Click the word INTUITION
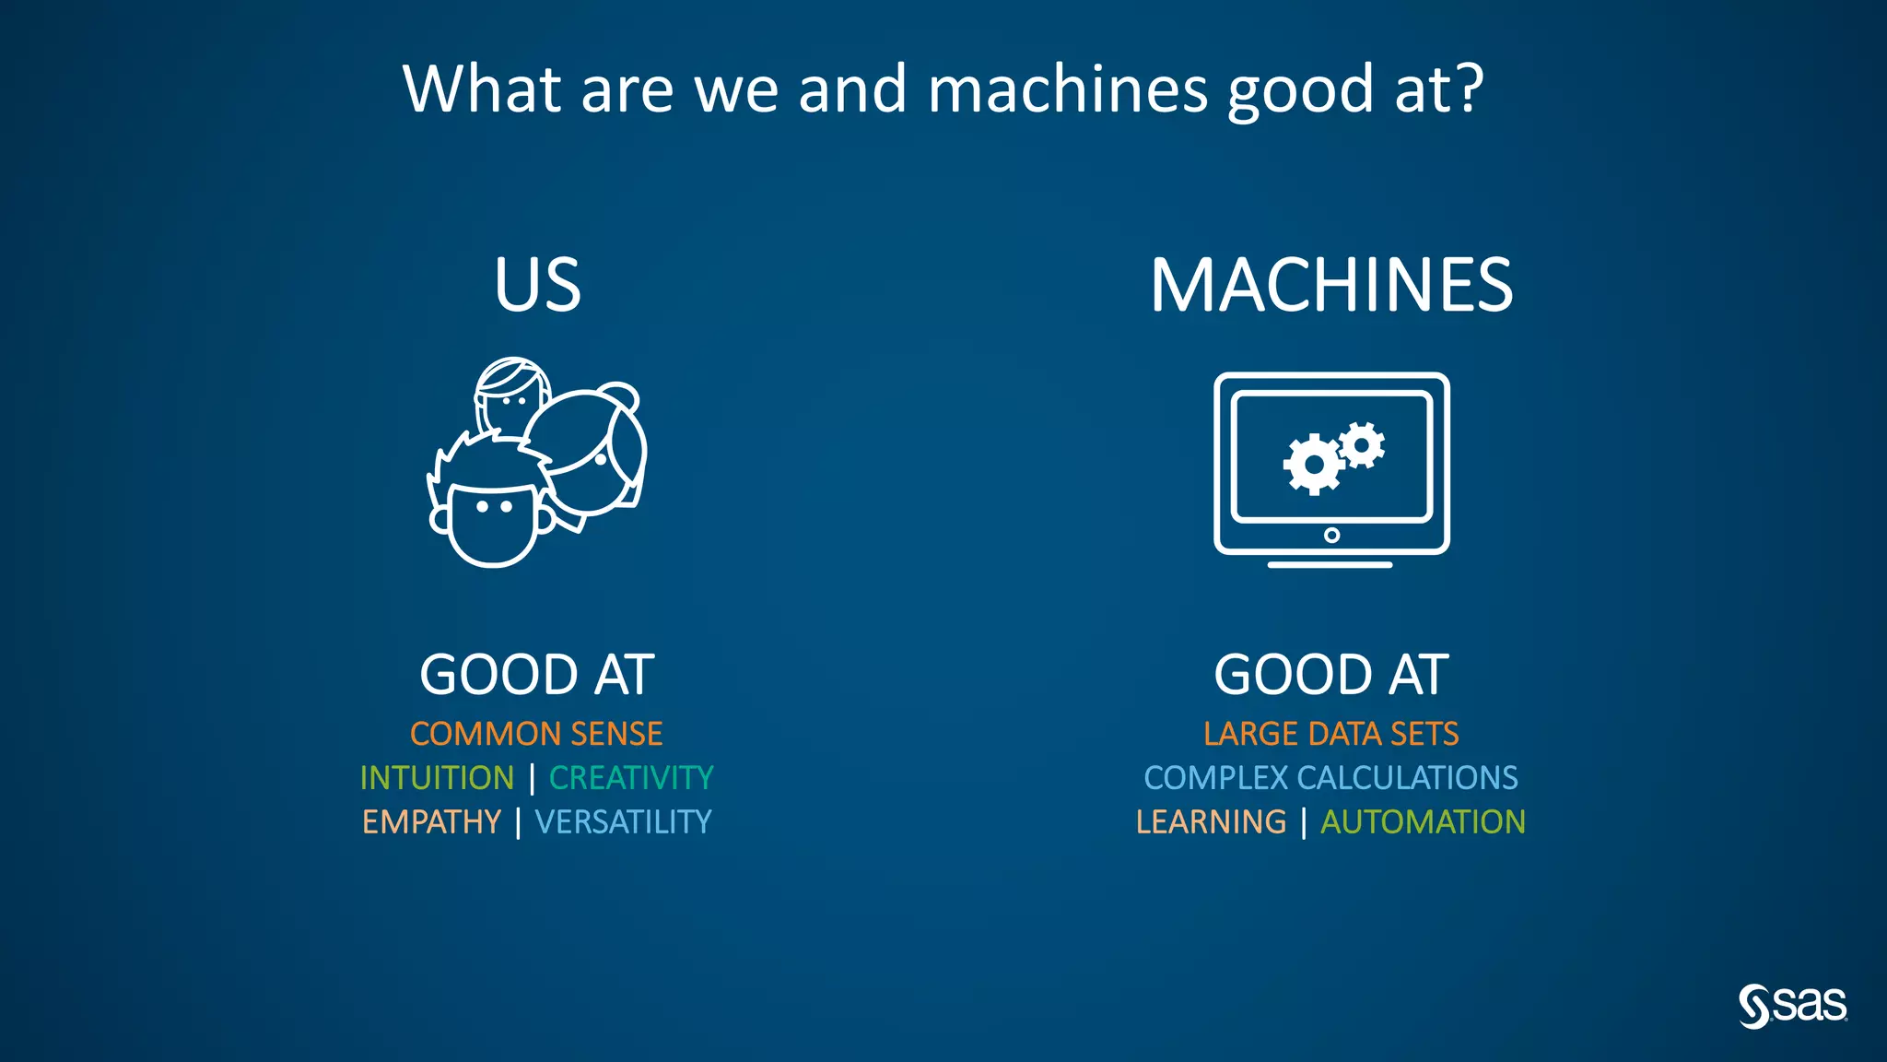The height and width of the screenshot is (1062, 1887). (437, 778)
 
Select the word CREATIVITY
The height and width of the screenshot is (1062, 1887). (631, 778)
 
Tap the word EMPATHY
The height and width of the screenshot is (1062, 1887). (431, 822)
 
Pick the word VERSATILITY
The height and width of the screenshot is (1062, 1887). (624, 822)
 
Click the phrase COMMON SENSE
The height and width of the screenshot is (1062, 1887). (536, 734)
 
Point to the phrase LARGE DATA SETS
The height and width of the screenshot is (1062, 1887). (1331, 734)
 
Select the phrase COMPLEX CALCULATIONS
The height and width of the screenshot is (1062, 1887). (1331, 778)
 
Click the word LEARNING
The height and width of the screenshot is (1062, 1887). (1211, 822)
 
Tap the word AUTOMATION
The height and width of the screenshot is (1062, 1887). (1424, 822)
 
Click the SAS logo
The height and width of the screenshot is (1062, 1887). (1793, 1006)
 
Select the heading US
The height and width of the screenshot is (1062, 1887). (538, 285)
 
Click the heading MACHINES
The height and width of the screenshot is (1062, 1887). (1331, 285)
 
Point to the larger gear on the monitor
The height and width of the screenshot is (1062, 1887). (1313, 465)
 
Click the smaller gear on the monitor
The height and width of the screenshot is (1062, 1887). (1362, 445)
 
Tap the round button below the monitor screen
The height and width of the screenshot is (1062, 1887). (1331, 536)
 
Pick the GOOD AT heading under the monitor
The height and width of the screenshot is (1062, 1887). (1331, 675)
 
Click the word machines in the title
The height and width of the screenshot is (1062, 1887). (1068, 88)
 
